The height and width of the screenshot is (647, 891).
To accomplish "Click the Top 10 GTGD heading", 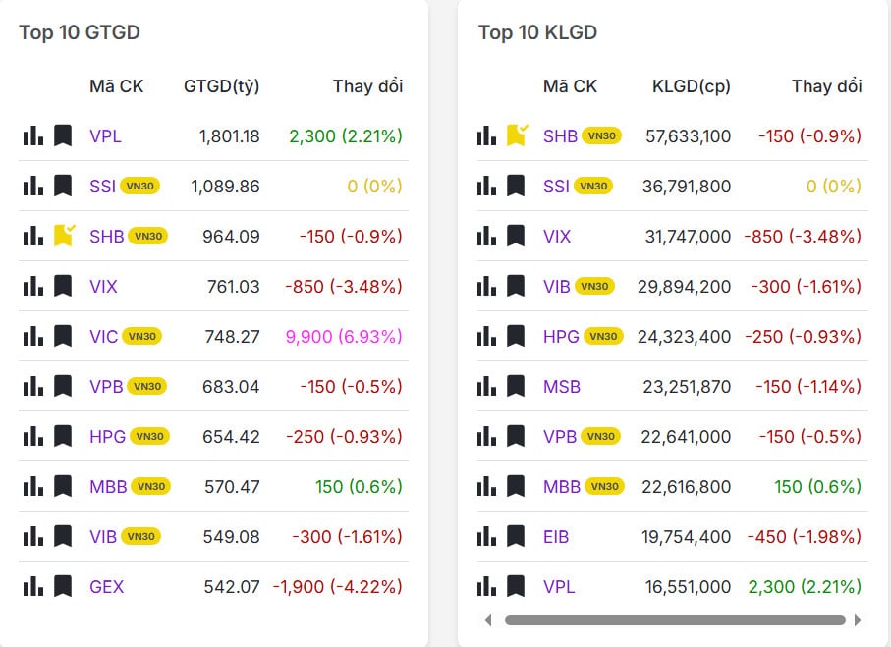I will pyautogui.click(x=80, y=32).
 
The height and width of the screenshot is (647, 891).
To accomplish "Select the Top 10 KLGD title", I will pyautogui.click(x=537, y=32).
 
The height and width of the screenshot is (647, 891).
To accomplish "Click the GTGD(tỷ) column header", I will pyautogui.click(x=221, y=86).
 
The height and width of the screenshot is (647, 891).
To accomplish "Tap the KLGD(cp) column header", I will pyautogui.click(x=691, y=86).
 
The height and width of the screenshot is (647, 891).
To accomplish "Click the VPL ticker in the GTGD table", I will pyautogui.click(x=105, y=136).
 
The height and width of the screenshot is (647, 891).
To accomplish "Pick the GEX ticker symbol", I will pyautogui.click(x=106, y=587).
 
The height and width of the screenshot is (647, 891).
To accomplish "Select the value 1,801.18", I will pyautogui.click(x=229, y=136).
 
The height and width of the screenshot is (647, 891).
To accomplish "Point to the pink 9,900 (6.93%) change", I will pyautogui.click(x=343, y=337).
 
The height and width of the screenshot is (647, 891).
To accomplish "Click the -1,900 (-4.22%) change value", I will pyautogui.click(x=337, y=587).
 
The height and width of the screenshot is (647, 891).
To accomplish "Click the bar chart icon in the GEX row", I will pyautogui.click(x=33, y=587).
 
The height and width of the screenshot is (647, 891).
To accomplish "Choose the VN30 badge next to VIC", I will pyautogui.click(x=142, y=337).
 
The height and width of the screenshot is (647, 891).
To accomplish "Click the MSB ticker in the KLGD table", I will pyautogui.click(x=562, y=387).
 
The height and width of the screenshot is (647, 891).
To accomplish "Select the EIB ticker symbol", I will pyautogui.click(x=556, y=537).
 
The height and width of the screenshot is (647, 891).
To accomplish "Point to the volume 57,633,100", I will pyautogui.click(x=688, y=136).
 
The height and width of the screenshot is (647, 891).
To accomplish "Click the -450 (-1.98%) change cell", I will pyautogui.click(x=804, y=537).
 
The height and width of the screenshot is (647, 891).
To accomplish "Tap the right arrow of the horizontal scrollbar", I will pyautogui.click(x=858, y=620).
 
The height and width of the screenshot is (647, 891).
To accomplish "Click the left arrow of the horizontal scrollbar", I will pyautogui.click(x=488, y=620).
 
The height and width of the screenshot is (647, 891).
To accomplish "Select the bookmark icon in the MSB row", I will pyautogui.click(x=516, y=387).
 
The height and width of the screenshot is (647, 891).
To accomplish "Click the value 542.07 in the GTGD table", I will pyautogui.click(x=232, y=587).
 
